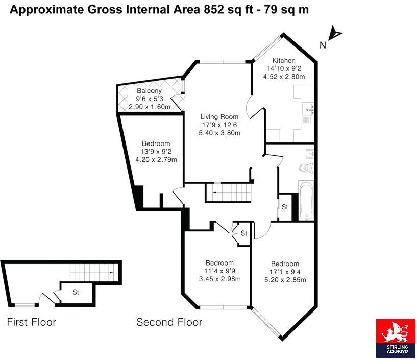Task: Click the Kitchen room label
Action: [284, 60]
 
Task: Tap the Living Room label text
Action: [219, 117]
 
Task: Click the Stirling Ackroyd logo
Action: [396, 338]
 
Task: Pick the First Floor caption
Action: [31, 322]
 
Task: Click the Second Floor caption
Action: [169, 322]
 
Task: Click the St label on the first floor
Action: [76, 293]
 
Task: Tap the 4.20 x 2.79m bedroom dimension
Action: [156, 160]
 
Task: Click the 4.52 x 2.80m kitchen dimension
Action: [284, 77]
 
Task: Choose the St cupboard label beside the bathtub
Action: [285, 207]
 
